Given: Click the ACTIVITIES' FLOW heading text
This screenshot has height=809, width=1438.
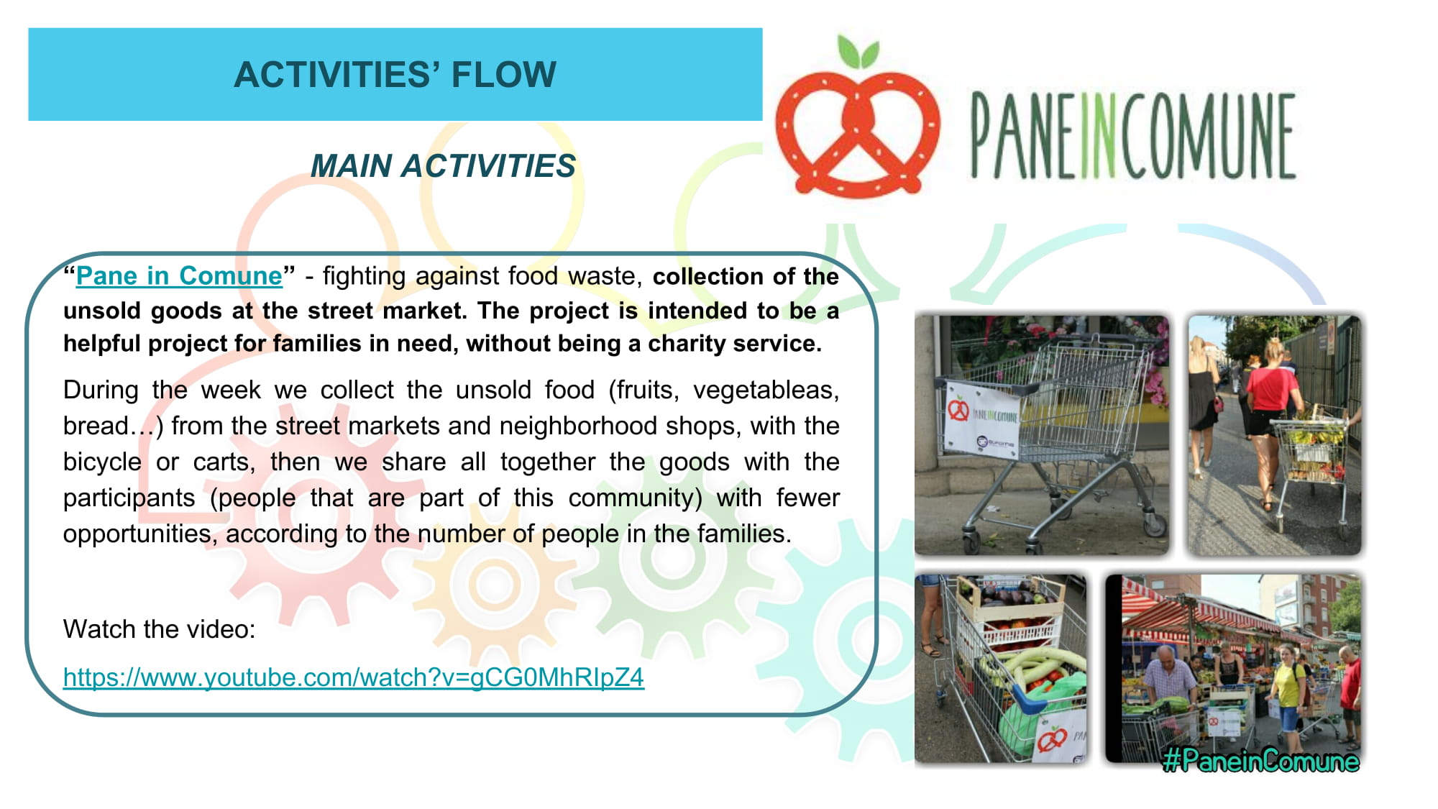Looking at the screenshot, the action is tap(395, 74).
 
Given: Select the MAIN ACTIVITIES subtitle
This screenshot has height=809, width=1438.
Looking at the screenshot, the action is tap(443, 166).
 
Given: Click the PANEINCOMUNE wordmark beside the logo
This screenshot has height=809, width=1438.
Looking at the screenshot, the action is tap(1133, 136).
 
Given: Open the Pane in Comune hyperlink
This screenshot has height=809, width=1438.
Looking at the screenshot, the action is tap(179, 275).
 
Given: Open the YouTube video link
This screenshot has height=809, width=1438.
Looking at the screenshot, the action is tap(354, 677).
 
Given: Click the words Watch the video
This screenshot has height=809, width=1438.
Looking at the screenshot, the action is tap(159, 629).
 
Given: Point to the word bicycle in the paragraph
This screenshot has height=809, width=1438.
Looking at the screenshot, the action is tap(102, 462).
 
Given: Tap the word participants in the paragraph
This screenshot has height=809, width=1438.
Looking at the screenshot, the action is tap(129, 498).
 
